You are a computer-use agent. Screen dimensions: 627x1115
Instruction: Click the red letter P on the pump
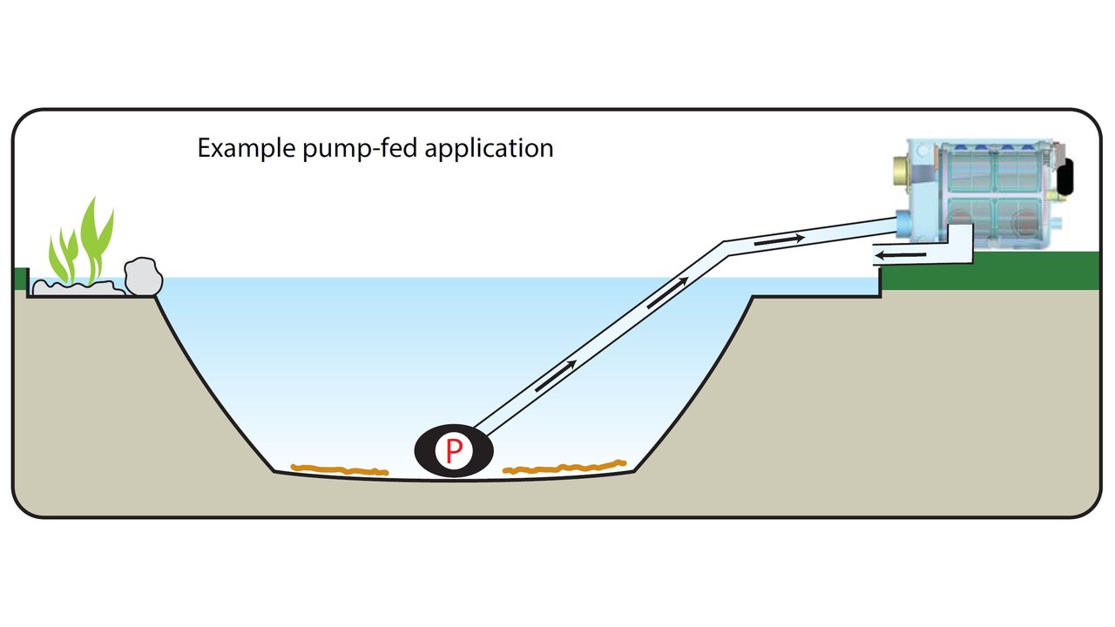click(454, 451)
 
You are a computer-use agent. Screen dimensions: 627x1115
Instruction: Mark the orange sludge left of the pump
click(341, 470)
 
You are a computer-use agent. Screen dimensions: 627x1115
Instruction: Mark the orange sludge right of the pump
click(566, 468)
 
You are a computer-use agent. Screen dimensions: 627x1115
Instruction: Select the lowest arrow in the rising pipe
click(555, 376)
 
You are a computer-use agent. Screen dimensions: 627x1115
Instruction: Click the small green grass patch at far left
click(21, 280)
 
